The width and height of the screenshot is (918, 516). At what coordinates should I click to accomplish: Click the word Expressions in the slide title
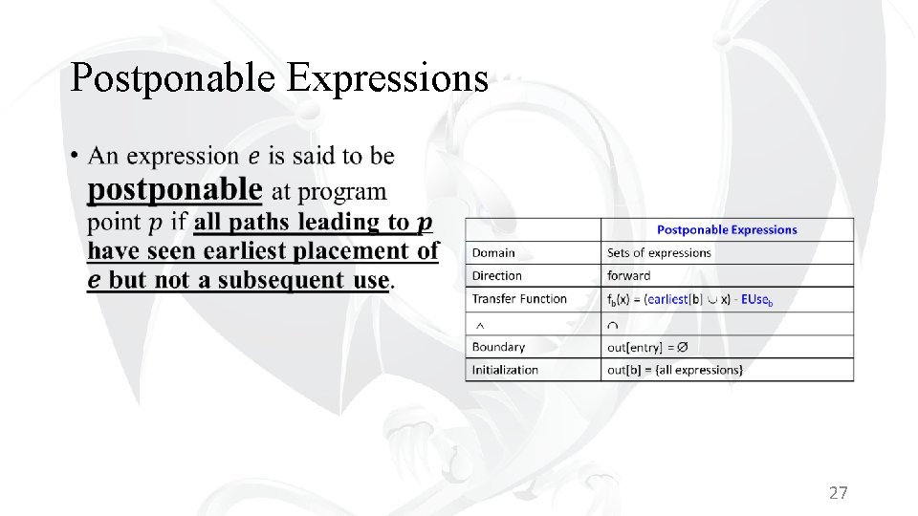(387, 79)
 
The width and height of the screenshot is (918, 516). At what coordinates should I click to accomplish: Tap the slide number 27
(838, 493)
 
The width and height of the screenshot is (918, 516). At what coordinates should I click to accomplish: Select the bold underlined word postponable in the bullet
(174, 189)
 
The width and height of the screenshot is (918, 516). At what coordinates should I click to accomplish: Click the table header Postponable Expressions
(727, 229)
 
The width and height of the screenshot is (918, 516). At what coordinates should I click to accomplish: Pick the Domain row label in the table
(493, 253)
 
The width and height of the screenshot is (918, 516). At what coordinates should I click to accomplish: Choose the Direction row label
(497, 276)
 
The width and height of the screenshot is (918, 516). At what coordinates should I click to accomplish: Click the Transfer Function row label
(519, 299)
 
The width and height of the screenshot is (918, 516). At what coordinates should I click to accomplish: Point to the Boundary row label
(498, 347)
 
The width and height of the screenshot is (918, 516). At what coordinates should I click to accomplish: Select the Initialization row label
(505, 370)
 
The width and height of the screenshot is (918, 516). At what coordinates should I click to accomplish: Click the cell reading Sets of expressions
(659, 253)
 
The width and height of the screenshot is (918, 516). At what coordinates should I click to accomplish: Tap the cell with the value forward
(628, 276)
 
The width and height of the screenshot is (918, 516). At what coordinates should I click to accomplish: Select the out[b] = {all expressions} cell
(674, 370)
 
